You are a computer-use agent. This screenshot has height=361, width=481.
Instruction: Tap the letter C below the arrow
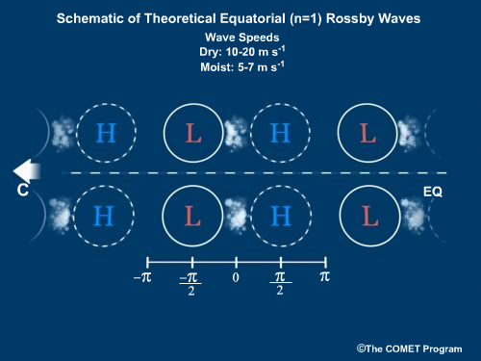22,192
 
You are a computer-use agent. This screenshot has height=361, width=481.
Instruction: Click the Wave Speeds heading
240,38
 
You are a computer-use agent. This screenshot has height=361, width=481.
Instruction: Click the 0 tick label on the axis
236,277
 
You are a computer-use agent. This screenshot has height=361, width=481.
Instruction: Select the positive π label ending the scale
324,276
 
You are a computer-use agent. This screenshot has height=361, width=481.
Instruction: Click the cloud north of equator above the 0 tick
235,134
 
